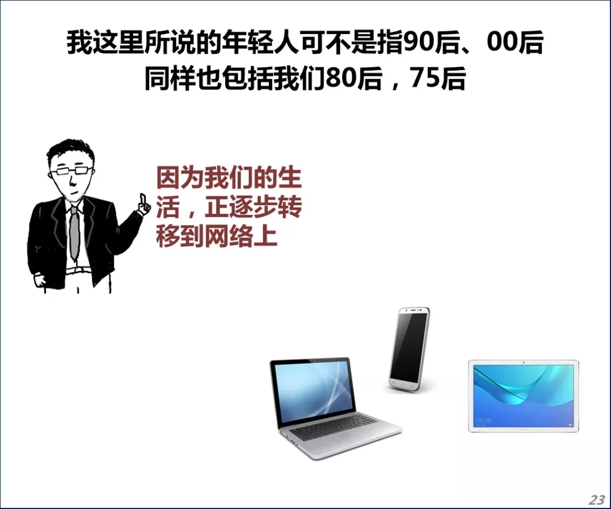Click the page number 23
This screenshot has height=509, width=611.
[x=597, y=499]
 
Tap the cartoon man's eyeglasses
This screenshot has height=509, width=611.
[x=71, y=171]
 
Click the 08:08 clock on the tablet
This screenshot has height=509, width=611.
[x=483, y=421]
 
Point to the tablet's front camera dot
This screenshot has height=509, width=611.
[x=524, y=363]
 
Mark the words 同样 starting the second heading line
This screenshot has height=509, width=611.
[x=170, y=78]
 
